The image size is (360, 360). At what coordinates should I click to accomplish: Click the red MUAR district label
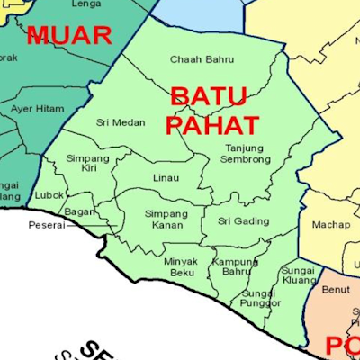point(69,35)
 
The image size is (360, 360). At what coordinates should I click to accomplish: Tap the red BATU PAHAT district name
point(213,109)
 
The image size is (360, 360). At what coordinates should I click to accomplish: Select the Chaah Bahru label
point(202,59)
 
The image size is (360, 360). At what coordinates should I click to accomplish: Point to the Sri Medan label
point(121,122)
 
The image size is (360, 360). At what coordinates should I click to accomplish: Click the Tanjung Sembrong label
point(247,153)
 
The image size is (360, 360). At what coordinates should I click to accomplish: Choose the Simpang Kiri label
point(86,163)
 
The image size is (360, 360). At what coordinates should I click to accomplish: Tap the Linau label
point(166,178)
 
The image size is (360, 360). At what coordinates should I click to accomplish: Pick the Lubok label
point(49,194)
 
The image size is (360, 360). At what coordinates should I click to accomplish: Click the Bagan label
point(80,211)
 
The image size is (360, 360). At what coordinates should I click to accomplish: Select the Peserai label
point(46,225)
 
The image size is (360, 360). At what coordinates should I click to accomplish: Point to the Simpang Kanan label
point(166,219)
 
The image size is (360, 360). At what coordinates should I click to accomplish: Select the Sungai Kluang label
point(298,274)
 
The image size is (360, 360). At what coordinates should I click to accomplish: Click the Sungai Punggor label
point(261,298)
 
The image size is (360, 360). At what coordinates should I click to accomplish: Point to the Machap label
point(330,224)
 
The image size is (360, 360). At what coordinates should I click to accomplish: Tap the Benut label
point(335,291)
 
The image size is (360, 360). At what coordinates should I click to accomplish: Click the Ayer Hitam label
point(37,108)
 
